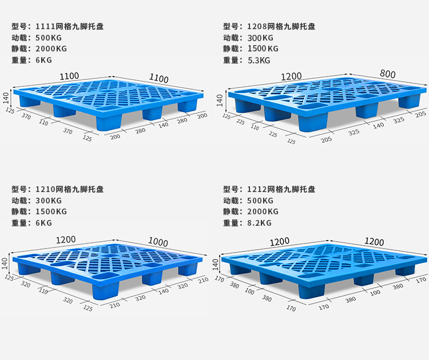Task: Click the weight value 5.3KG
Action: (x=259, y=61)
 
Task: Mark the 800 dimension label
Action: (x=387, y=74)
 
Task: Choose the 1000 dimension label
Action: (x=158, y=242)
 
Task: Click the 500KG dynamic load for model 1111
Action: (x=49, y=38)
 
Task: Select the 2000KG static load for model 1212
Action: (x=263, y=212)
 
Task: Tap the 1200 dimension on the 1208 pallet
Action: (x=291, y=76)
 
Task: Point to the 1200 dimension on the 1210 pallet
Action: (x=66, y=240)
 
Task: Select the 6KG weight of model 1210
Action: (x=43, y=223)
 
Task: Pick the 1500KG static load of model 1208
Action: (x=263, y=49)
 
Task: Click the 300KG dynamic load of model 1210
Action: (x=49, y=201)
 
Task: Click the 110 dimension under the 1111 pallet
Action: (x=44, y=122)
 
